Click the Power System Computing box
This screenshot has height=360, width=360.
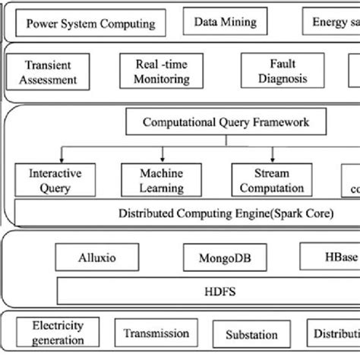[x=90, y=23]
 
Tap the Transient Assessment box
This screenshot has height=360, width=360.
[x=51, y=72]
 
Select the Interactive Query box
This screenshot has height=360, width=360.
[x=50, y=181]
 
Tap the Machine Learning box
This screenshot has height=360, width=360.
[x=162, y=181]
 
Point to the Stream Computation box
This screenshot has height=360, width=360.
[x=269, y=181]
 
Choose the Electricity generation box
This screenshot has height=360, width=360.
[x=51, y=332]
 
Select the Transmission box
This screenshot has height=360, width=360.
[x=156, y=333]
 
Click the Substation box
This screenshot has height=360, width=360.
[x=251, y=335]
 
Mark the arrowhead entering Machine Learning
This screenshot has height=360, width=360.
[x=161, y=160]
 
